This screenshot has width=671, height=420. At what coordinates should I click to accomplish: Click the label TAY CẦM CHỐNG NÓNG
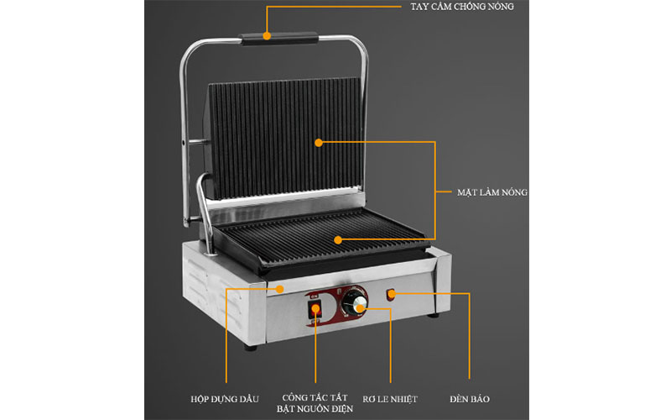pyautogui.click(x=462, y=7)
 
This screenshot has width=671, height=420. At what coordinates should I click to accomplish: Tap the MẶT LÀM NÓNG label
pyautogui.click(x=492, y=192)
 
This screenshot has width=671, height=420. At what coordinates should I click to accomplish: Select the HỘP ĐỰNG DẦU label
pyautogui.click(x=225, y=399)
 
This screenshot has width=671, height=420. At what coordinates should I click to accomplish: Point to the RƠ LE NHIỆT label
pyautogui.click(x=390, y=399)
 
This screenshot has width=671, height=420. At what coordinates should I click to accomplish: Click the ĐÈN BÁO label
pyautogui.click(x=470, y=399)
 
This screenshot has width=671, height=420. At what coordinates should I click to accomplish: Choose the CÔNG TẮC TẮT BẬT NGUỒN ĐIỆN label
pyautogui.click(x=315, y=403)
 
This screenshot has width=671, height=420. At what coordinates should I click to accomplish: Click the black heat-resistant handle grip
pyautogui.click(x=279, y=38)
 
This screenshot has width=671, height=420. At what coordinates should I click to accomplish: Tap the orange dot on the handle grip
pyautogui.click(x=267, y=36)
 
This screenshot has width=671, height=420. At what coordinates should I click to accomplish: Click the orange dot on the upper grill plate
pyautogui.click(x=319, y=143)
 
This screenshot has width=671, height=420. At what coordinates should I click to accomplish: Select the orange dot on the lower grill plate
pyautogui.click(x=338, y=240)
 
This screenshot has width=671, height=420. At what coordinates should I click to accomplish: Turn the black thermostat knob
pyautogui.click(x=354, y=302)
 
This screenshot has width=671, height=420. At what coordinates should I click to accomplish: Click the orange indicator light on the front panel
pyautogui.click(x=391, y=295)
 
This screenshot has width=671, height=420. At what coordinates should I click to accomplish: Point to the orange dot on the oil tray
pyautogui.click(x=279, y=289)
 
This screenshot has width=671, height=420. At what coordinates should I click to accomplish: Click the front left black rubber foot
pyautogui.click(x=250, y=347)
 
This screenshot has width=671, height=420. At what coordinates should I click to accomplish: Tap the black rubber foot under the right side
pyautogui.click(x=433, y=315)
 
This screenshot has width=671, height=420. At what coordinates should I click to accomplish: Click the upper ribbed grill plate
pyautogui.click(x=284, y=138)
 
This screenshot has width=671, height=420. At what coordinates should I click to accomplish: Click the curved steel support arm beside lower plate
pyautogui.click(x=205, y=213)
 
